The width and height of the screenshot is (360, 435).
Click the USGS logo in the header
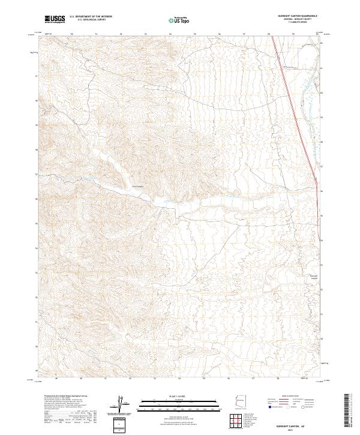[55, 19]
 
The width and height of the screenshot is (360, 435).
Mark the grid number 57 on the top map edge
[244, 34]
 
